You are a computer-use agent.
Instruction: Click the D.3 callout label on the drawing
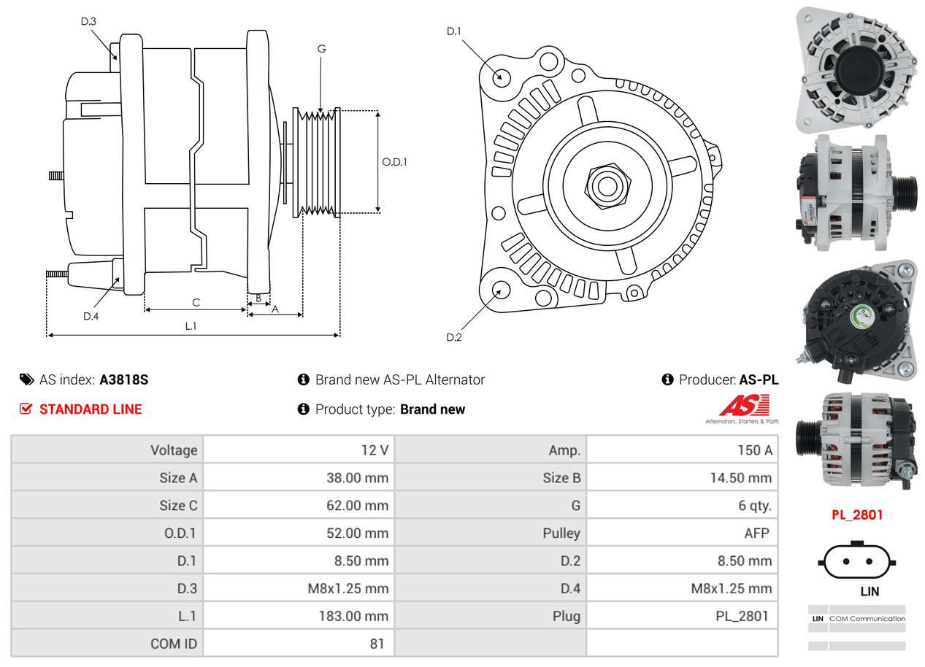click(x=88, y=21)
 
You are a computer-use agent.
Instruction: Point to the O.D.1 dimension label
click(x=394, y=162)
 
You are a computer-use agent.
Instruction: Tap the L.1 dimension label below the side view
click(x=191, y=326)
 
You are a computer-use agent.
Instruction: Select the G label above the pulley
click(x=321, y=49)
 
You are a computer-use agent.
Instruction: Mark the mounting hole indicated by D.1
click(x=501, y=77)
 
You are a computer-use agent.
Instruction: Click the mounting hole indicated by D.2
click(x=500, y=290)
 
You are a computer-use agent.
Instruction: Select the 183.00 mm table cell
click(x=299, y=616)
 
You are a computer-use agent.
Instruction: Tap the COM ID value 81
click(x=299, y=644)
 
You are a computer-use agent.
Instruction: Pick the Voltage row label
click(x=107, y=450)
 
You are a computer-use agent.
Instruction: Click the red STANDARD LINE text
click(x=91, y=409)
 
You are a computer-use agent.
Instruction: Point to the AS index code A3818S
click(x=124, y=379)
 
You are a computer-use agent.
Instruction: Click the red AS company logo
click(x=743, y=406)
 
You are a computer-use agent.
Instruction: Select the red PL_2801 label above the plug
click(x=857, y=514)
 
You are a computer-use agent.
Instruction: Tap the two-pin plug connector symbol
click(x=857, y=562)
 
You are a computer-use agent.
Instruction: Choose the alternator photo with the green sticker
click(x=858, y=318)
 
